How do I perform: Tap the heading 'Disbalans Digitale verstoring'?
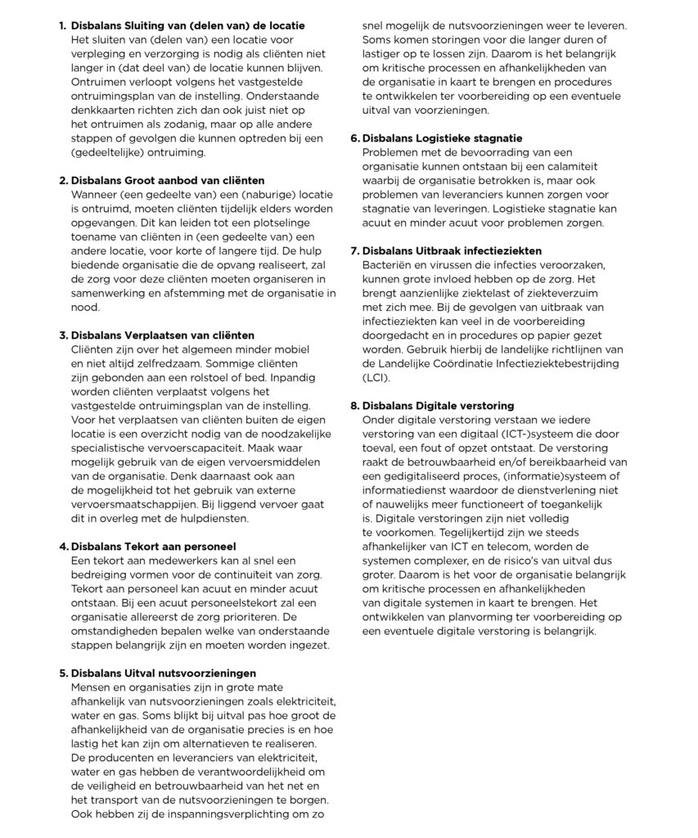click(x=437, y=406)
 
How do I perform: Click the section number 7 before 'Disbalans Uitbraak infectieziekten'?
click(x=354, y=250)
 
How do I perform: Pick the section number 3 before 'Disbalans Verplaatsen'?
click(x=62, y=336)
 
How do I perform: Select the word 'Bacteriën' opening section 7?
click(x=387, y=265)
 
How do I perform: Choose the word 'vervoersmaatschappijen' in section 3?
click(x=132, y=504)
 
